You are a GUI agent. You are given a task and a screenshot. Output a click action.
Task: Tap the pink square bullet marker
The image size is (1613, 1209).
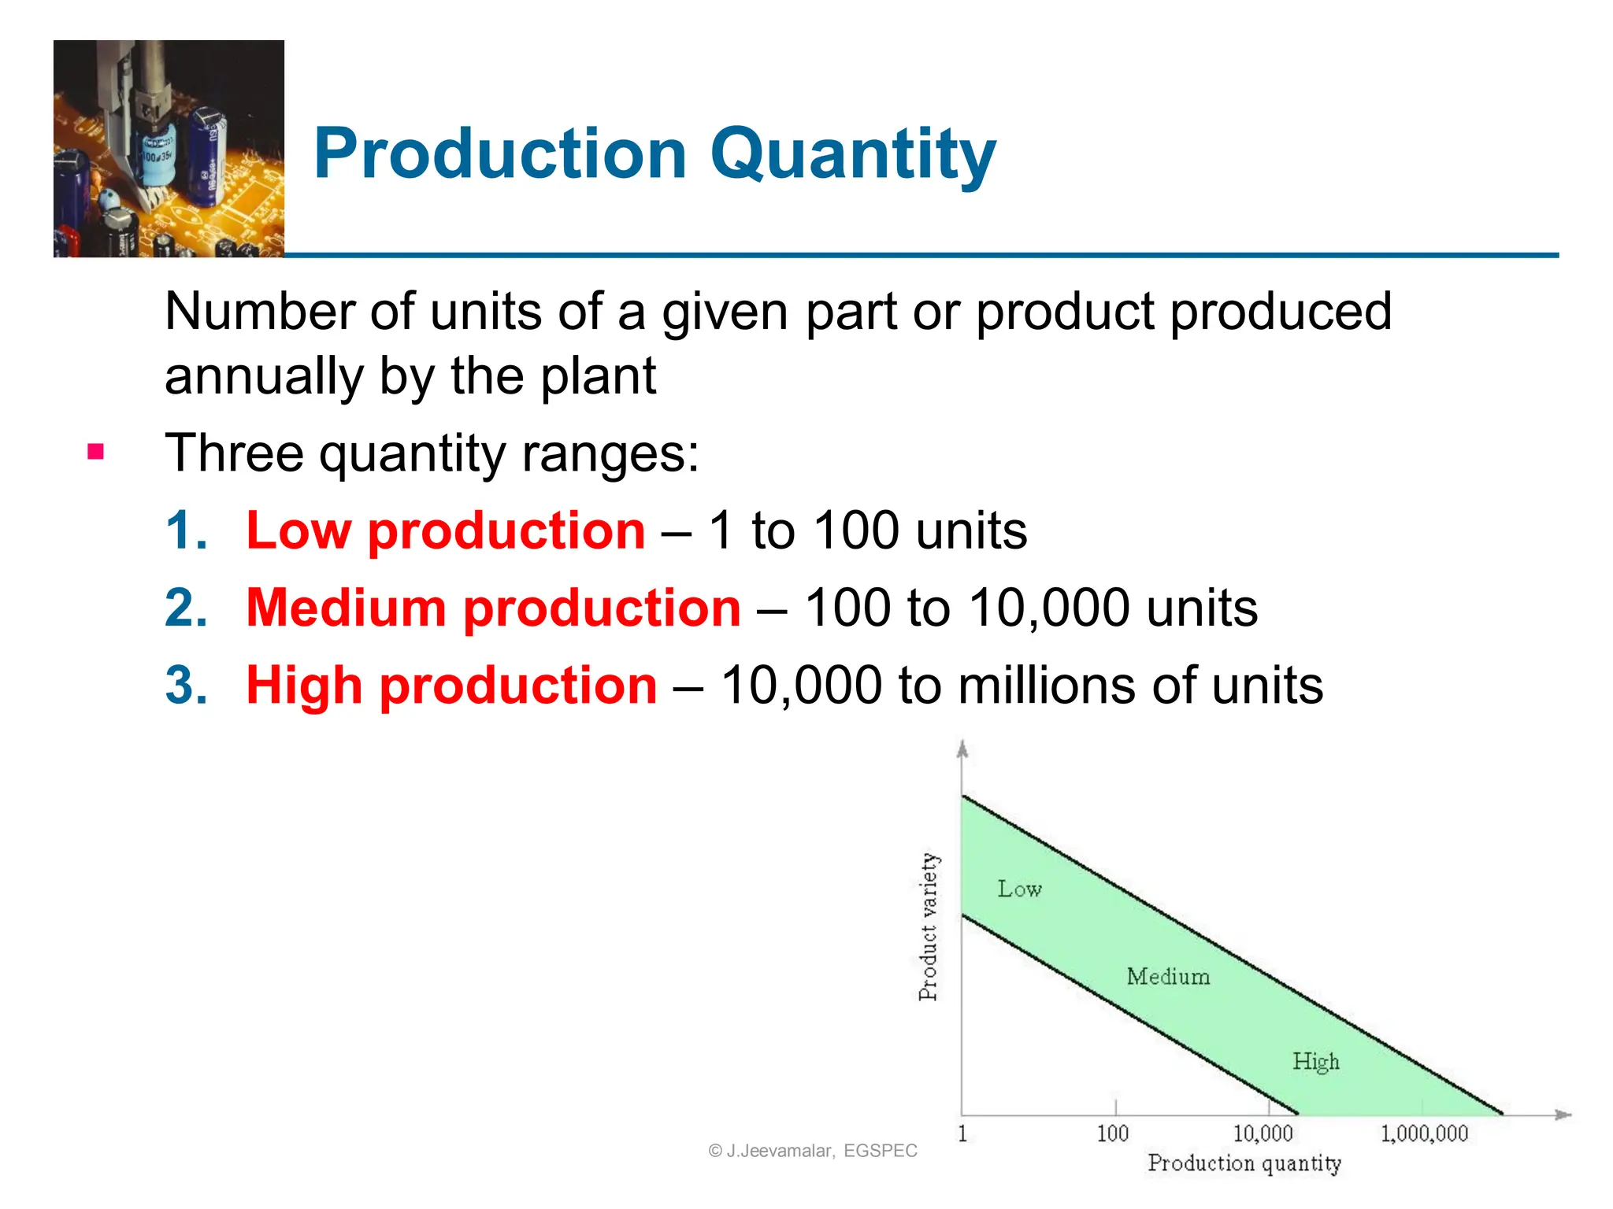click(96, 452)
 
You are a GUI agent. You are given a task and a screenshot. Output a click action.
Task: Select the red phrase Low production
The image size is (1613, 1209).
click(445, 531)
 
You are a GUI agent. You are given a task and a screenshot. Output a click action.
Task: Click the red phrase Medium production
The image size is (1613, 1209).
click(493, 608)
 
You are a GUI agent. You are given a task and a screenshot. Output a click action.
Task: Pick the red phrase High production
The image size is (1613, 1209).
click(451, 685)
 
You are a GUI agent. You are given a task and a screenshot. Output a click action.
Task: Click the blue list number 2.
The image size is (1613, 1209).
click(186, 608)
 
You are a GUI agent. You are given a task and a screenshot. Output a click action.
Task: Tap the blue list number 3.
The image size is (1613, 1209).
click(186, 685)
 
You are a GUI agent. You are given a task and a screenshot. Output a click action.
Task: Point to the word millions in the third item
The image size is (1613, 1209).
click(1046, 685)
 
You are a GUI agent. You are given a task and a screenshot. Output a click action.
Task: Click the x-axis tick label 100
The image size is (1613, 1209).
click(1112, 1133)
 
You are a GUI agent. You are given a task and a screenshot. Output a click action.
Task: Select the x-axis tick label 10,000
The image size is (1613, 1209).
click(1263, 1133)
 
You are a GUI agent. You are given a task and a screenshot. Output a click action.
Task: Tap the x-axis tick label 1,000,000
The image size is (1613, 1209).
click(1424, 1133)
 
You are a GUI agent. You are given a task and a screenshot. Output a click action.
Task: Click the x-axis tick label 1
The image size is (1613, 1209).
click(962, 1133)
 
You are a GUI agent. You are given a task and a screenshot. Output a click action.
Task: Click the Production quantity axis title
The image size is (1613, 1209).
click(1244, 1163)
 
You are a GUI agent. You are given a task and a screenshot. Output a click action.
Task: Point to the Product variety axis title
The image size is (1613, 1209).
click(929, 926)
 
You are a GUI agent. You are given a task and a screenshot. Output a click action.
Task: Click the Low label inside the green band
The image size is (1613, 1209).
click(1019, 889)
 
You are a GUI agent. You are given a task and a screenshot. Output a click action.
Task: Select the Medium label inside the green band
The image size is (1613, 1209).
click(1168, 976)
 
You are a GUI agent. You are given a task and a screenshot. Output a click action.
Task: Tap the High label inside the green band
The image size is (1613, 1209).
click(1315, 1062)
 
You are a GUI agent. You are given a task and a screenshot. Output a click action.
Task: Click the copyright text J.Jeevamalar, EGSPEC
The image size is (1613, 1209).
click(813, 1151)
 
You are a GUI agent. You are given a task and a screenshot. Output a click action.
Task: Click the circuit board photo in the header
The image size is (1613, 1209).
click(169, 149)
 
